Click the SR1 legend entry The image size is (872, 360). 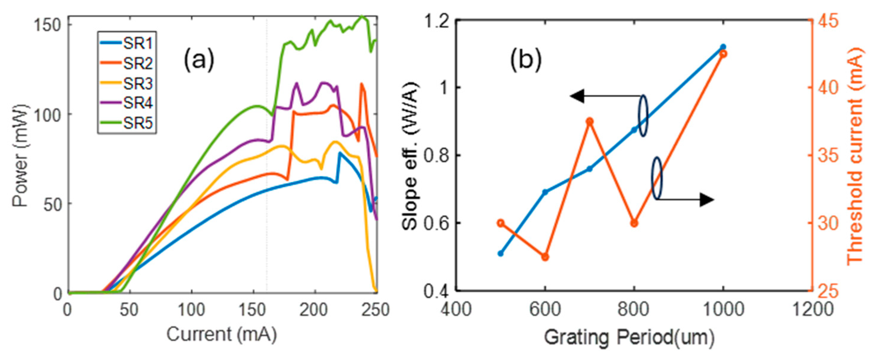pyautogui.click(x=127, y=43)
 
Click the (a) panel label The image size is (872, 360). pyautogui.click(x=199, y=60)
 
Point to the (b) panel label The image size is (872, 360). pyautogui.click(x=526, y=60)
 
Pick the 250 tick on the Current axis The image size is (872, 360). pyautogui.click(x=375, y=310)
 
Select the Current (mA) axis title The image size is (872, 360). pyautogui.click(x=222, y=335)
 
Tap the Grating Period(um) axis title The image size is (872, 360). pyautogui.click(x=629, y=338)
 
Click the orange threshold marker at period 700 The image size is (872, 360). pyautogui.click(x=590, y=121)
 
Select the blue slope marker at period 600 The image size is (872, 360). pyautogui.click(x=545, y=192)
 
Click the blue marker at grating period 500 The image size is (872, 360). pyautogui.click(x=501, y=253)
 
